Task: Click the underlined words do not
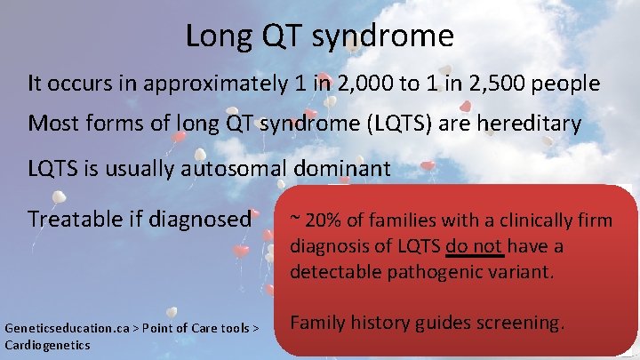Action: point(475,245)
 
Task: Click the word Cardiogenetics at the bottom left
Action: point(47,344)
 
